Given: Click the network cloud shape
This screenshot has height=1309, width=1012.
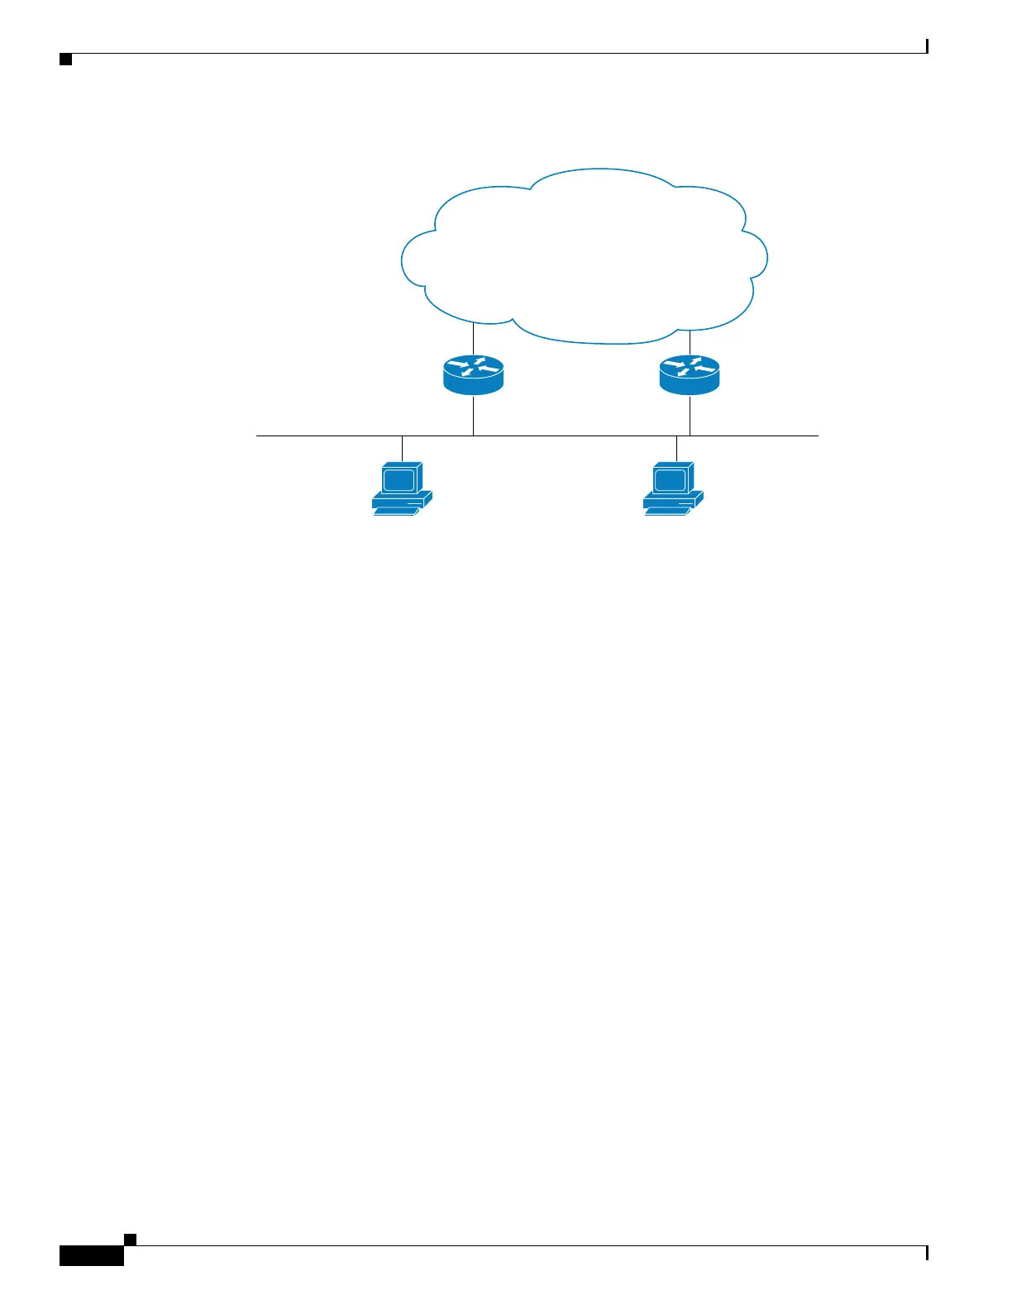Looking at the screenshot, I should [x=584, y=256].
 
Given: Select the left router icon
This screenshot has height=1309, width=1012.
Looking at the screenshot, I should [x=473, y=375].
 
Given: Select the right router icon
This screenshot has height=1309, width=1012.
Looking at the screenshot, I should [x=690, y=375].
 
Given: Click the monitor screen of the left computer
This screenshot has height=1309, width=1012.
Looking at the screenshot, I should [x=398, y=479].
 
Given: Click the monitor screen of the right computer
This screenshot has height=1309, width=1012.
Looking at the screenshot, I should [x=669, y=479].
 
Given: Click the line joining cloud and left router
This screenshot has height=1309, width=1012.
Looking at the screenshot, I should [x=473, y=339].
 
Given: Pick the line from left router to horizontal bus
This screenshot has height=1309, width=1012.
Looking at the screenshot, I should [x=473, y=416].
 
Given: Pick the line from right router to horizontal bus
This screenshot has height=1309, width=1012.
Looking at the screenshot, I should [x=690, y=416].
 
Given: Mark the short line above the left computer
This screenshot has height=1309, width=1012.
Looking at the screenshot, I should [x=402, y=448].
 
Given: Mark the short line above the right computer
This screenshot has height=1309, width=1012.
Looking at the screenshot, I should [x=676, y=448].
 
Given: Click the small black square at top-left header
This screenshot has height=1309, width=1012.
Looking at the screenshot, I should [x=66, y=60].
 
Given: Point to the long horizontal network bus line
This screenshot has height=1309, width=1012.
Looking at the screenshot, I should [x=579, y=436].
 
